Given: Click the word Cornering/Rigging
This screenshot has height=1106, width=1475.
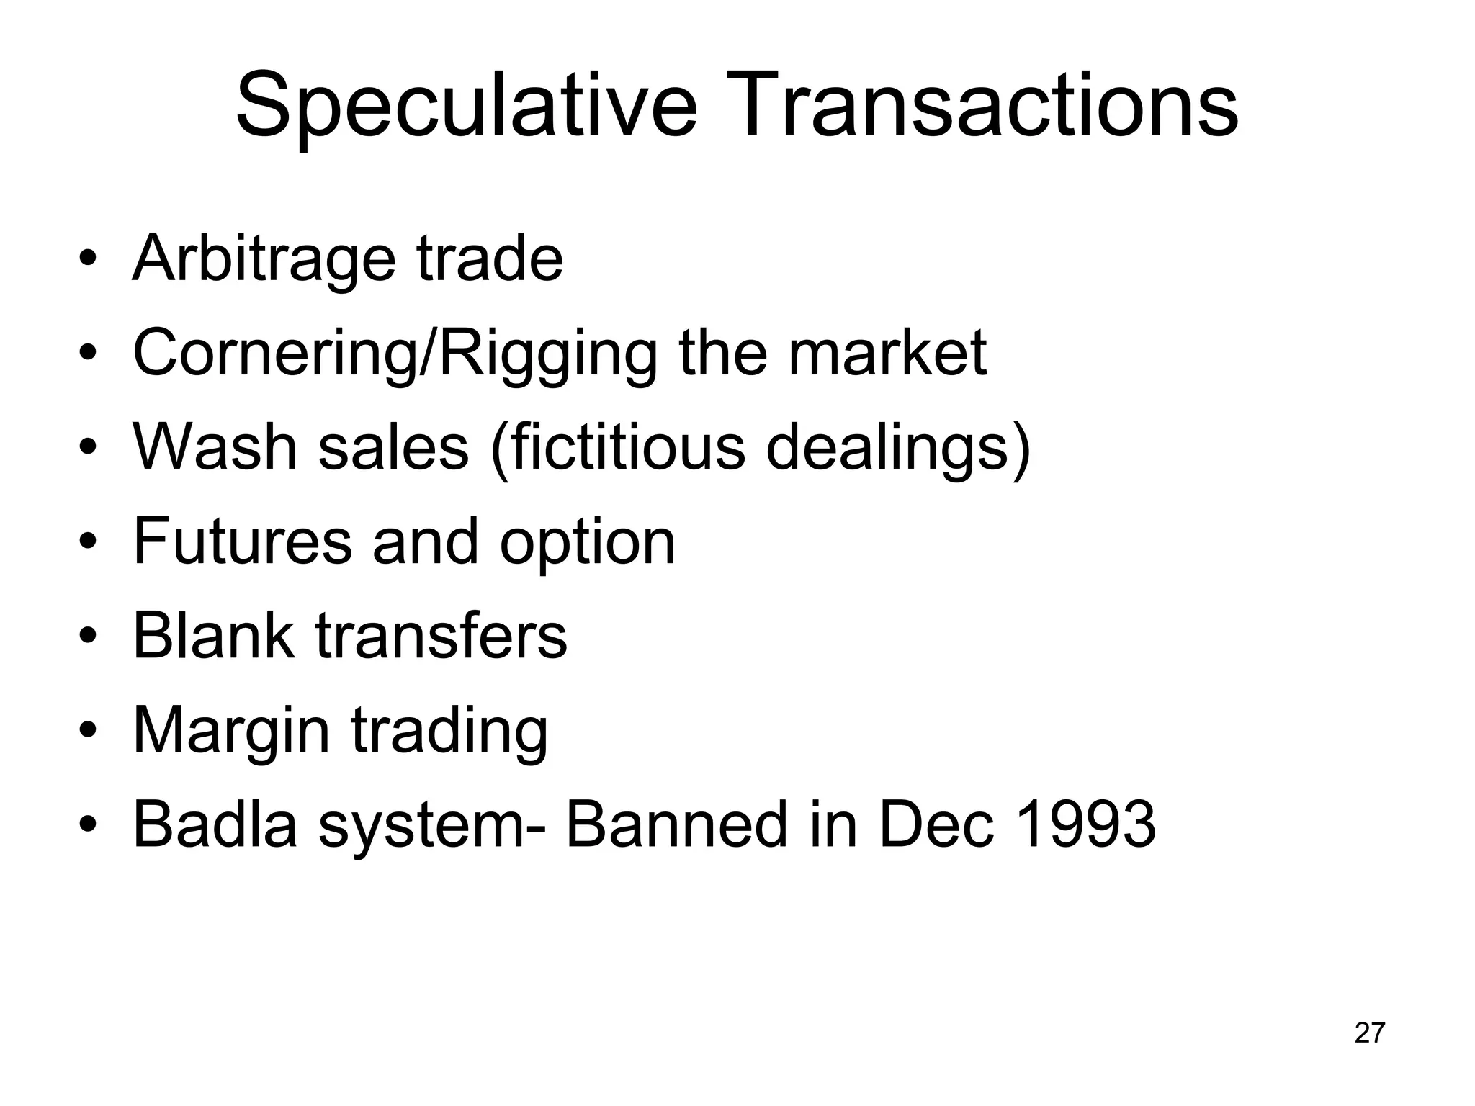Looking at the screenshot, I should [395, 354].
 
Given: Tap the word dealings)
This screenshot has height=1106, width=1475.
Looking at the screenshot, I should [898, 448].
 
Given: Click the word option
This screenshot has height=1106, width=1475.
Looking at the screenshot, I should [588, 544].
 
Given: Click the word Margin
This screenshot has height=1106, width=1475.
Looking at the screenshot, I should [230, 731].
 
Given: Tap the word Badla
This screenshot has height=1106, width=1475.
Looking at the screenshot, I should [215, 824].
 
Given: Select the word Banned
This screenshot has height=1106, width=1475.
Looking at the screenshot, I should [676, 824].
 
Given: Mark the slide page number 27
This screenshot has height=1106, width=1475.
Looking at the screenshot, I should [1369, 1033].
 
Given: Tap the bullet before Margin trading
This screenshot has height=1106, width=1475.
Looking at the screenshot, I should [88, 730].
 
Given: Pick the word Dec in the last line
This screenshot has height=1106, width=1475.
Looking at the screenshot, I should [936, 824].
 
